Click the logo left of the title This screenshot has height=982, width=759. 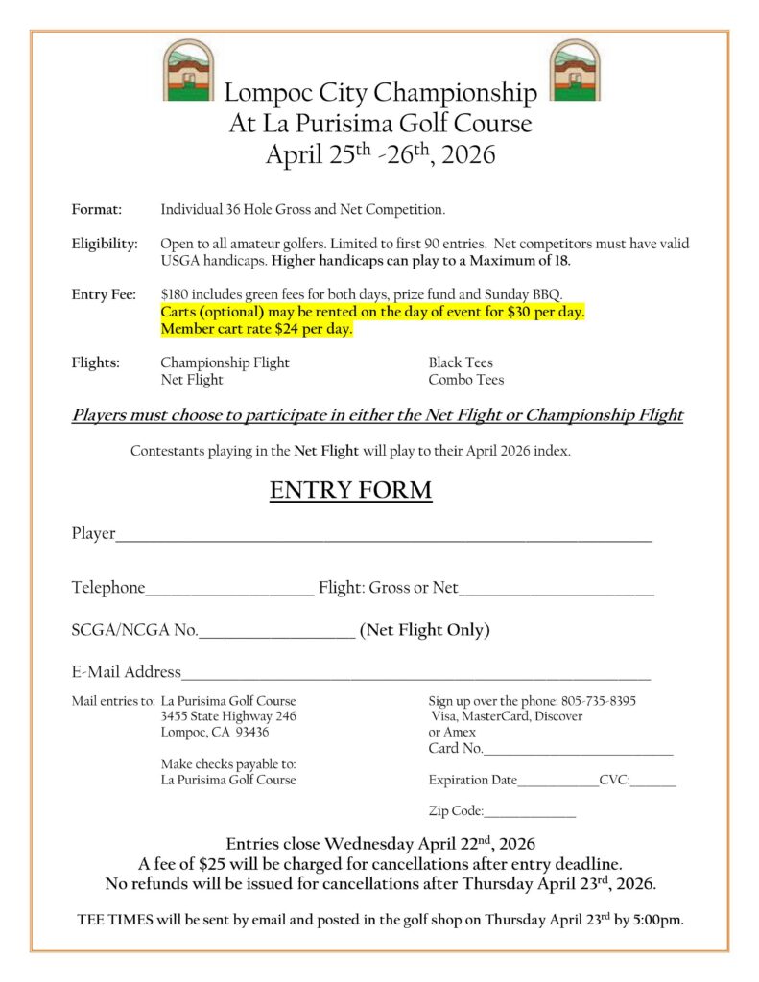pos(187,69)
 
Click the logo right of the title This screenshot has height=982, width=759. pos(574,69)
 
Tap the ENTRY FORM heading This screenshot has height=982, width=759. pos(350,491)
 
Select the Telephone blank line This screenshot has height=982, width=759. pos(229,594)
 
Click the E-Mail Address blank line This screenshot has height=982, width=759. pos(415,677)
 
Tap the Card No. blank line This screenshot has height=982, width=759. pos(579,753)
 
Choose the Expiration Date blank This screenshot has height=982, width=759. pos(557,785)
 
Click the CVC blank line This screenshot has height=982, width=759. pos(653,785)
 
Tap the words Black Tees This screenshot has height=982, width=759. pos(461,363)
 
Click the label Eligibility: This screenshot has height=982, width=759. pos(105,244)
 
